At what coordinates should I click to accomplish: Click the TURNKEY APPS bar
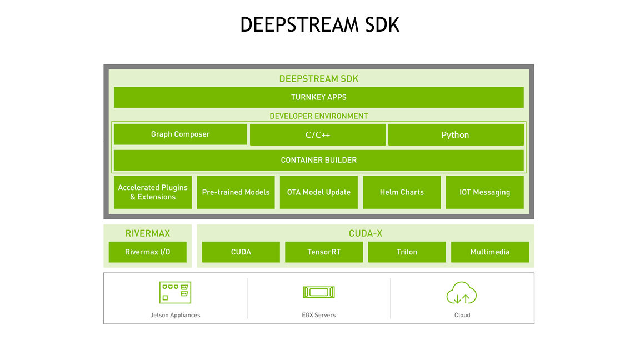(x=318, y=97)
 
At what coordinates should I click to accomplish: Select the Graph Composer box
(x=180, y=134)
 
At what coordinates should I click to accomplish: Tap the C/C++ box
(x=318, y=135)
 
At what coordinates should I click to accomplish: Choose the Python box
(x=456, y=135)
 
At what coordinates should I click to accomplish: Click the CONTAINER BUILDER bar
(x=318, y=160)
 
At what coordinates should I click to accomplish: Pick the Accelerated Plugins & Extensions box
(x=153, y=192)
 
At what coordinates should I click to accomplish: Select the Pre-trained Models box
(x=236, y=192)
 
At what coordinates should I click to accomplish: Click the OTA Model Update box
(x=318, y=192)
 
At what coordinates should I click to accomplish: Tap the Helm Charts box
(x=402, y=192)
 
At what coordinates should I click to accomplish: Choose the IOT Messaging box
(x=484, y=192)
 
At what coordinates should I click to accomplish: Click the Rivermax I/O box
(x=147, y=252)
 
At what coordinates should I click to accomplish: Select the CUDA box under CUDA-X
(x=241, y=252)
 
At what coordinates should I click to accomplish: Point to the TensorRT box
(x=324, y=252)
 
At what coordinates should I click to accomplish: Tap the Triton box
(x=407, y=252)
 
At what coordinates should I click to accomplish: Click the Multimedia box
(x=489, y=252)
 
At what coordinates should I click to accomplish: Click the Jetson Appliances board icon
(x=175, y=292)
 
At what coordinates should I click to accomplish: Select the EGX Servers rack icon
(x=319, y=292)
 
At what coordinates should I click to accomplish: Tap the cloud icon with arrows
(x=462, y=293)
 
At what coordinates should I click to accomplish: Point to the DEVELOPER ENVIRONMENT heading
(x=318, y=116)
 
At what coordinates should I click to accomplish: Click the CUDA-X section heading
(x=365, y=233)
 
